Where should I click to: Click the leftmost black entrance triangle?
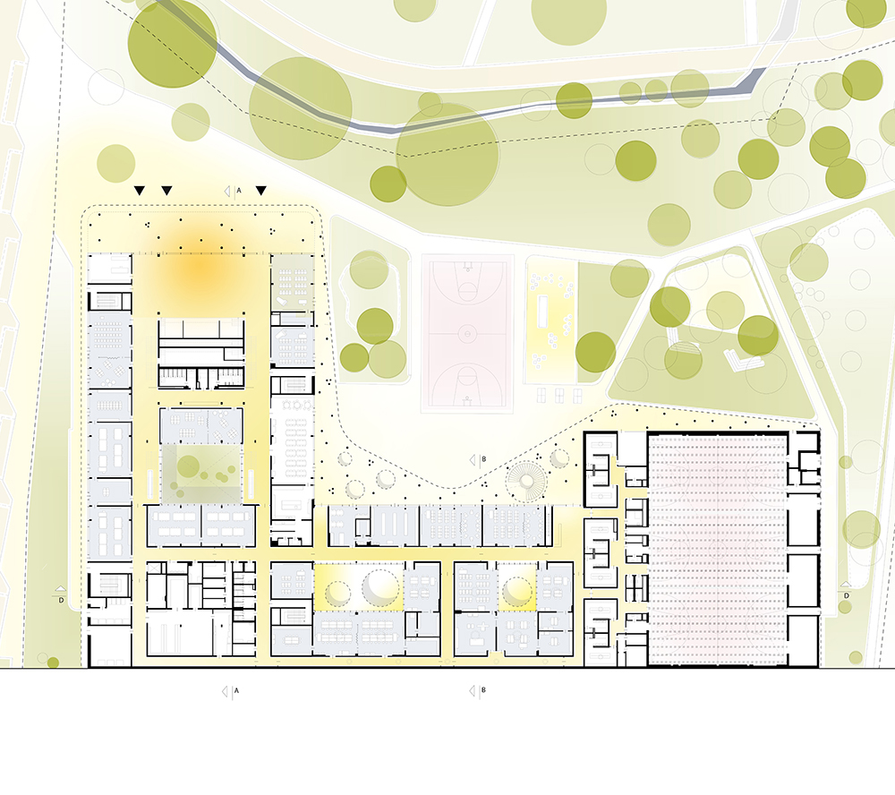click(x=140, y=191)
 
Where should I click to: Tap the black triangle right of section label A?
click(x=260, y=191)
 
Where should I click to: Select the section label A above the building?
click(x=239, y=191)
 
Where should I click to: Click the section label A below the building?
click(x=237, y=691)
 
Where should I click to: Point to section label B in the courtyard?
click(x=484, y=459)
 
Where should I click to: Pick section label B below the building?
click(x=483, y=690)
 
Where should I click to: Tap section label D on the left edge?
click(x=61, y=600)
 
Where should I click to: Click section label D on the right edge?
click(x=847, y=595)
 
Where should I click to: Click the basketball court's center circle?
click(x=467, y=332)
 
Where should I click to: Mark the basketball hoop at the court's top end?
click(x=468, y=266)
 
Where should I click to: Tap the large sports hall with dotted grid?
click(x=718, y=549)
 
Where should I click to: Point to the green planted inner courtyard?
click(x=201, y=474)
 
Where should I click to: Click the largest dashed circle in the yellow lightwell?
click(x=380, y=586)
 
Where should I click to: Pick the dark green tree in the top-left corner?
click(x=171, y=43)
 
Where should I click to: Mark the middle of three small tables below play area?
click(x=559, y=395)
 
